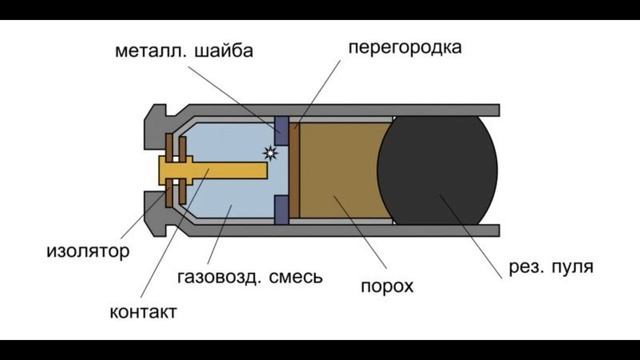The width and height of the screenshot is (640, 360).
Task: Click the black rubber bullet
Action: [437, 170]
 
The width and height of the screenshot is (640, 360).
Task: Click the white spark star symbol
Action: [269, 153]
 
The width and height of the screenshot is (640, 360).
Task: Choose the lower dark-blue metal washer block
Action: [281, 209]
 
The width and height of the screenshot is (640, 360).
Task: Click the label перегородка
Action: [406, 48]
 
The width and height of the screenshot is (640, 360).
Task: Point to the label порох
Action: [386, 287]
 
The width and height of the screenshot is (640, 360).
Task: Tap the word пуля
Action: [573, 267]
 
